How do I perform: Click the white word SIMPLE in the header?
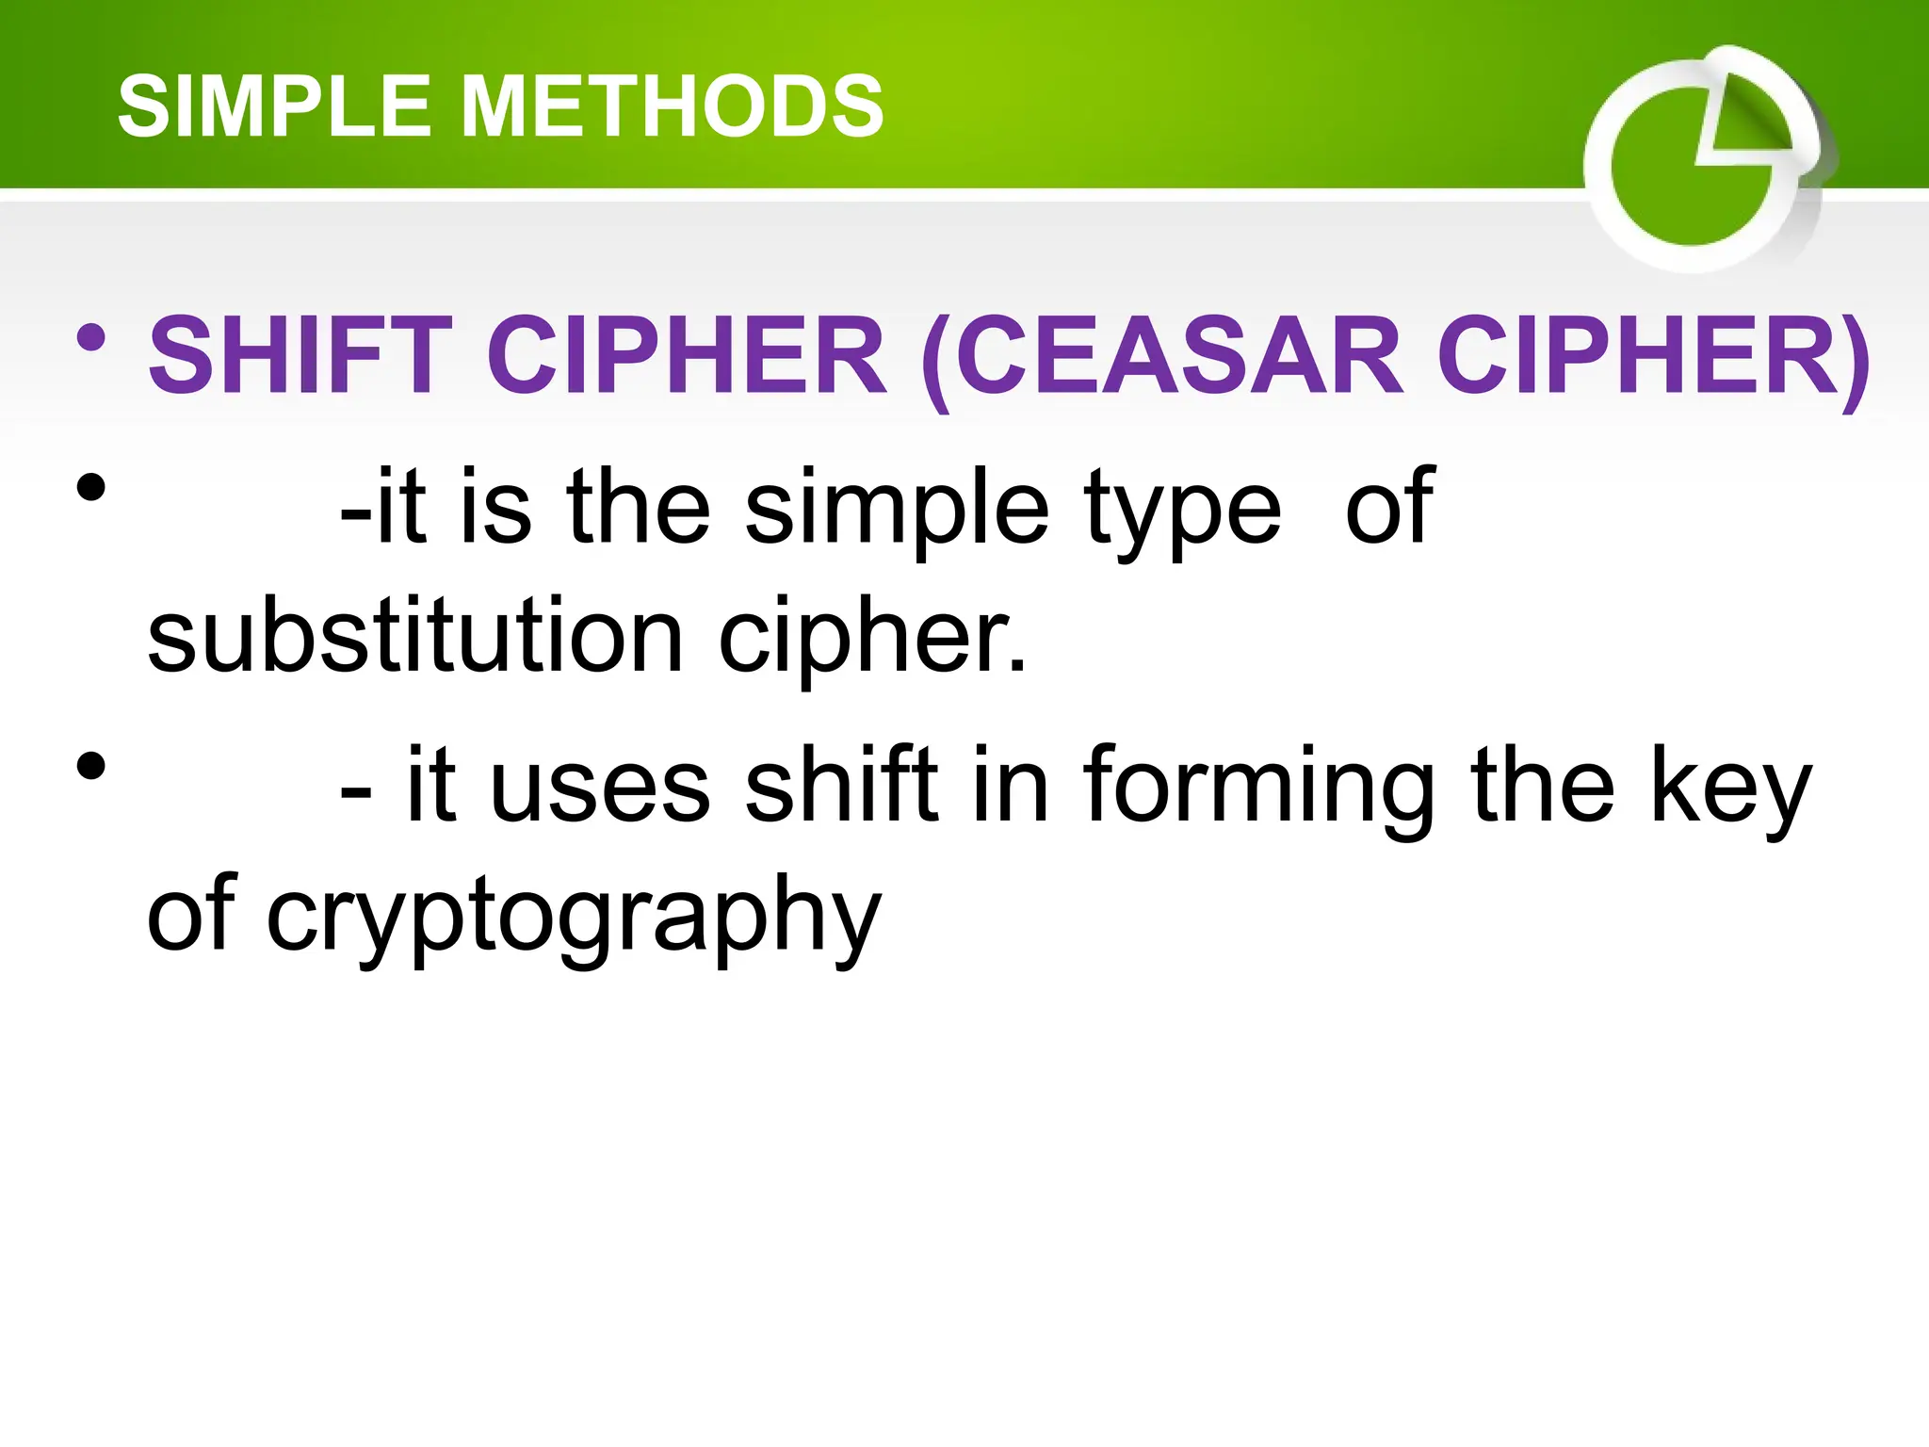tap(273, 106)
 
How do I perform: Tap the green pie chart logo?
tap(1700, 160)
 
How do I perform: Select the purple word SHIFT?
tap(300, 356)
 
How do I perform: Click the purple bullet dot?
tap(91, 338)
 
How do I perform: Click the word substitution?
tap(414, 638)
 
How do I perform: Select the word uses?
tap(600, 786)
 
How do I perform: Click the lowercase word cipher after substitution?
tap(870, 638)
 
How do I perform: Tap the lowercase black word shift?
tap(842, 784)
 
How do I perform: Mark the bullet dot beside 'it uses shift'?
tap(91, 765)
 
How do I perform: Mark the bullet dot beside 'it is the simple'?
tap(91, 488)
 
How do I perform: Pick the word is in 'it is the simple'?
tap(495, 509)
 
